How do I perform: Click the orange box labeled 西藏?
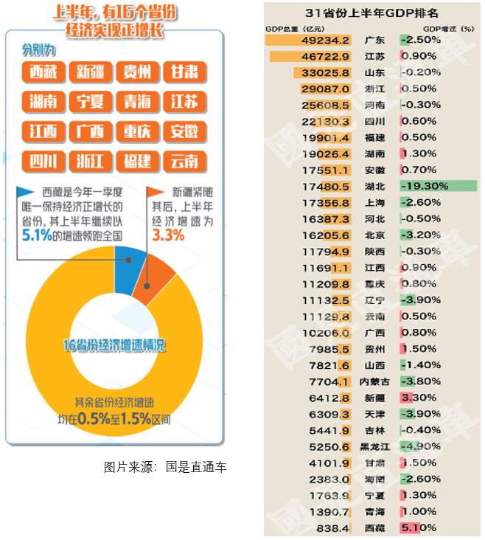(43, 72)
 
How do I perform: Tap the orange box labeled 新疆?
(90, 72)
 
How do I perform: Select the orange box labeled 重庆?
(137, 131)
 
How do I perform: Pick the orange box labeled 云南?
(184, 161)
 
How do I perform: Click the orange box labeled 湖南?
(43, 102)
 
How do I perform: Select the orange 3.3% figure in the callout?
(168, 235)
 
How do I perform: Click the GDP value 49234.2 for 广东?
(325, 40)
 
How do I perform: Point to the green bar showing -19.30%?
(438, 186)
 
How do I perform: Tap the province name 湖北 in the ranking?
(374, 186)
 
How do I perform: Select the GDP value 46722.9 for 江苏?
(325, 56)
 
